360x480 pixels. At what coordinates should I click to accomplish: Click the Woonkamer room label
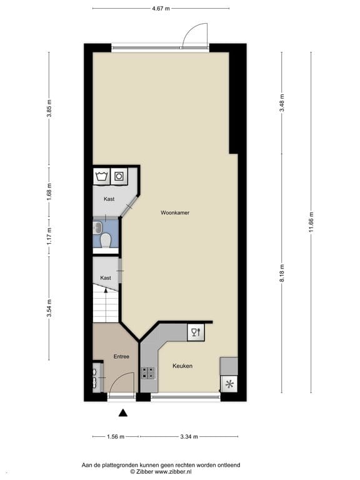(174, 212)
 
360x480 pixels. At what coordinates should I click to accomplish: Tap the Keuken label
(182, 366)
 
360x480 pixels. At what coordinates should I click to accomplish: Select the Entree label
(121, 356)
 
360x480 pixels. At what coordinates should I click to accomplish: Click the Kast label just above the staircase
(106, 277)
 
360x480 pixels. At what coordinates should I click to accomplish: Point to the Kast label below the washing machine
(109, 199)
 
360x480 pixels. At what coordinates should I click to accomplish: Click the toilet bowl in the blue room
(106, 240)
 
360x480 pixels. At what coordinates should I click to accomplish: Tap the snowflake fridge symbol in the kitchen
(229, 384)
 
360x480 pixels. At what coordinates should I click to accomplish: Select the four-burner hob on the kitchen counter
(148, 373)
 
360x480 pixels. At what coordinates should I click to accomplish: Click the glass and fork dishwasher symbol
(195, 332)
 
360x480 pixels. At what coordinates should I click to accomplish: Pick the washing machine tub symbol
(101, 176)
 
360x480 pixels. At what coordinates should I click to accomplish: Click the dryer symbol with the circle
(119, 176)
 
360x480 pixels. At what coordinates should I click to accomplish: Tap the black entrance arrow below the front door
(123, 412)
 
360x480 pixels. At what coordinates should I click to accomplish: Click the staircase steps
(106, 306)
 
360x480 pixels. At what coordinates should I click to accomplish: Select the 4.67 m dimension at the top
(161, 9)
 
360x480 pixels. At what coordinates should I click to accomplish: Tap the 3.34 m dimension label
(187, 437)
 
